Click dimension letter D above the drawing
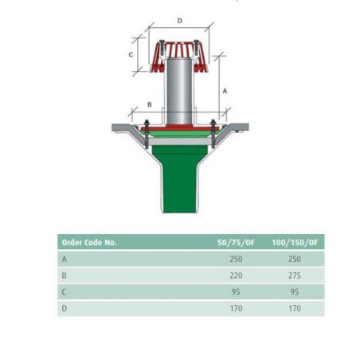tap(180, 21)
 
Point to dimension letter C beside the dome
tap(131, 55)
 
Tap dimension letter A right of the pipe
tap(225, 91)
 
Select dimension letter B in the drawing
tap(150, 104)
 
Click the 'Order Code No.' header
tap(89, 242)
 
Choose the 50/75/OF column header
tap(236, 242)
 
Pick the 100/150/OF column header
tap(295, 242)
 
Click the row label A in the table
tap(65, 259)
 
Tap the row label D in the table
tap(65, 308)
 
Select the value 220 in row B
tap(236, 276)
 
